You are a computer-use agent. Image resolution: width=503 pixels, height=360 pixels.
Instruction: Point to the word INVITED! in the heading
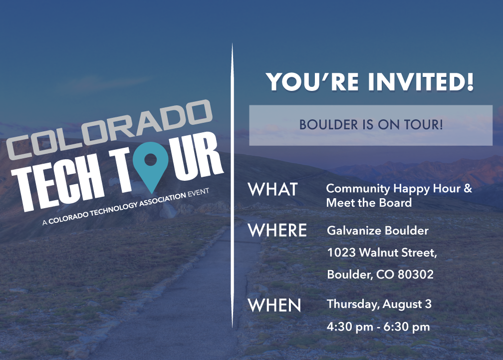click(421, 82)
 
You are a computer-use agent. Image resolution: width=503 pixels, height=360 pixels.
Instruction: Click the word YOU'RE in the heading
click(312, 82)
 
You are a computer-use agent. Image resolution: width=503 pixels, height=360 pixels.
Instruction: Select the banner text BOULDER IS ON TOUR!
click(371, 125)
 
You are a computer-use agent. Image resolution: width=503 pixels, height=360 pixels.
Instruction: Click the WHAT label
click(273, 189)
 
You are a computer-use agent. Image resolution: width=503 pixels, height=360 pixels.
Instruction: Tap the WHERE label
click(277, 230)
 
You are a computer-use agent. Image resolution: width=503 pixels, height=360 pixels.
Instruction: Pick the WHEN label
click(274, 305)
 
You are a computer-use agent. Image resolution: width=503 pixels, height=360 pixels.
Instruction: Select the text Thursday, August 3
click(379, 304)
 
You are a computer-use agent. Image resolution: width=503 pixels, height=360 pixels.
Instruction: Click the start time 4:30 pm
click(350, 327)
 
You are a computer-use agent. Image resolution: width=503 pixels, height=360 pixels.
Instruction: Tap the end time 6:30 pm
click(406, 327)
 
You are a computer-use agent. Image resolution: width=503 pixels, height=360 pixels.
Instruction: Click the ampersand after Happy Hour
click(468, 188)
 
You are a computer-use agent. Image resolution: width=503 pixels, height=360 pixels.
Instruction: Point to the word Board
click(395, 203)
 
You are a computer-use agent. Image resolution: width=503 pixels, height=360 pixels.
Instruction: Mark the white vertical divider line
click(232, 185)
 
